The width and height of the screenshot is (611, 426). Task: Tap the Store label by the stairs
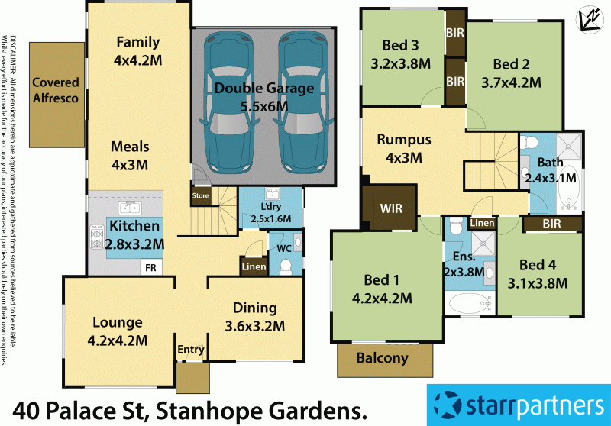click(x=200, y=196)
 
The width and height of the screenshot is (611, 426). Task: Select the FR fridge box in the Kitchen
click(x=150, y=268)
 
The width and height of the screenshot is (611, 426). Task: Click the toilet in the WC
click(x=286, y=266)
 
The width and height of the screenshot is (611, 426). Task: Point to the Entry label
click(x=191, y=350)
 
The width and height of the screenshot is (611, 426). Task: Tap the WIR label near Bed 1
click(x=388, y=208)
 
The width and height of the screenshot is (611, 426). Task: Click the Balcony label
click(x=383, y=358)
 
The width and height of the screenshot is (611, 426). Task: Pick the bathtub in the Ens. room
click(x=468, y=304)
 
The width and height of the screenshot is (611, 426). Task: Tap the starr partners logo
click(x=518, y=404)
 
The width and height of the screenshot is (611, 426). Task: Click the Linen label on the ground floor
click(x=253, y=266)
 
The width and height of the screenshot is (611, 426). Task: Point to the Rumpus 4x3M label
click(x=403, y=149)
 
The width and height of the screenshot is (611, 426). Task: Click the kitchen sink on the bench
click(x=128, y=208)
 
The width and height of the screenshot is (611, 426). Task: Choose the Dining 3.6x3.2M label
click(x=254, y=317)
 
